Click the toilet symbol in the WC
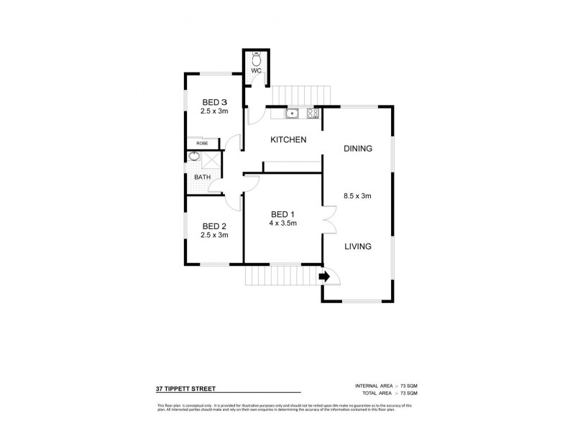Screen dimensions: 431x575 pos(256,60)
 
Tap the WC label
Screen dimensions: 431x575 pos(256,72)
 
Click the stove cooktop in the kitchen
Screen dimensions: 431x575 pos(313,113)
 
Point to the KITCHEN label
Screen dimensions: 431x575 pos(288,140)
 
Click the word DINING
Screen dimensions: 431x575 pos(357,149)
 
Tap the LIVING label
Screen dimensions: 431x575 pos(357,246)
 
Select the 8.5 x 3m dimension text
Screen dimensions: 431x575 pos(357,195)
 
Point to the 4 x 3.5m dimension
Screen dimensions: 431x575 pos(282,223)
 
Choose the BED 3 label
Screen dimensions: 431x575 pos(214,101)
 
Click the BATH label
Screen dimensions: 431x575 pos(202,177)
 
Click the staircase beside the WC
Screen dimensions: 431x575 pos(299,95)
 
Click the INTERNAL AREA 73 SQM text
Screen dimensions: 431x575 pos(386,386)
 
